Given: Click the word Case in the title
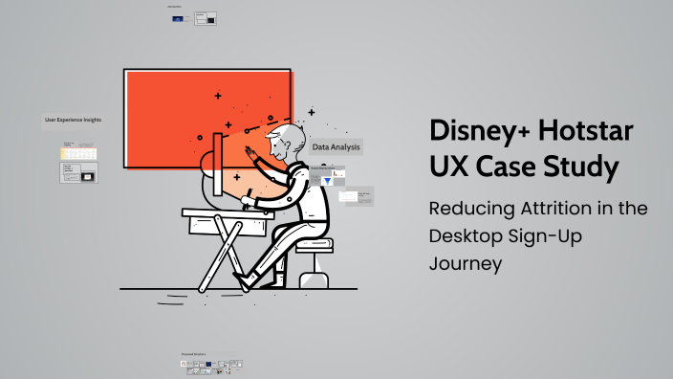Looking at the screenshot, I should pyautogui.click(x=507, y=168).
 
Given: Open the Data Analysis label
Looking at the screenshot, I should pyautogui.click(x=336, y=147).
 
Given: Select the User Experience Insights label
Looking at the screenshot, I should pyautogui.click(x=73, y=120).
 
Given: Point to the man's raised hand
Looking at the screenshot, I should pyautogui.click(x=250, y=154).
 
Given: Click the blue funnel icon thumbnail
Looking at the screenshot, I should pyautogui.click(x=328, y=181).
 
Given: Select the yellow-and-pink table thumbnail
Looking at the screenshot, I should pyautogui.click(x=79, y=152).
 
